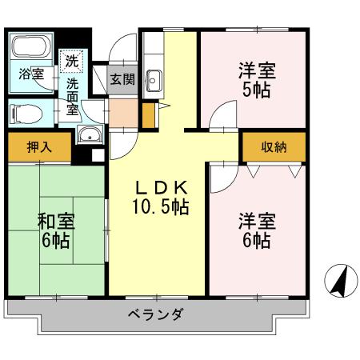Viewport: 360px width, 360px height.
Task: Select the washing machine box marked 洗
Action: [x=72, y=60]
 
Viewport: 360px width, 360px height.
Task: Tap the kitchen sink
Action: [x=154, y=80]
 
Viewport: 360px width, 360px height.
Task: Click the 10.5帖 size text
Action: [x=160, y=207]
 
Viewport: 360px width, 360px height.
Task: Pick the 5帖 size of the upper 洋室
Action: [x=256, y=89]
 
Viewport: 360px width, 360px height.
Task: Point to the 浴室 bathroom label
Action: [x=31, y=74]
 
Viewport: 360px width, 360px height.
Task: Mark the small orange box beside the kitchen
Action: [x=147, y=114]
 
